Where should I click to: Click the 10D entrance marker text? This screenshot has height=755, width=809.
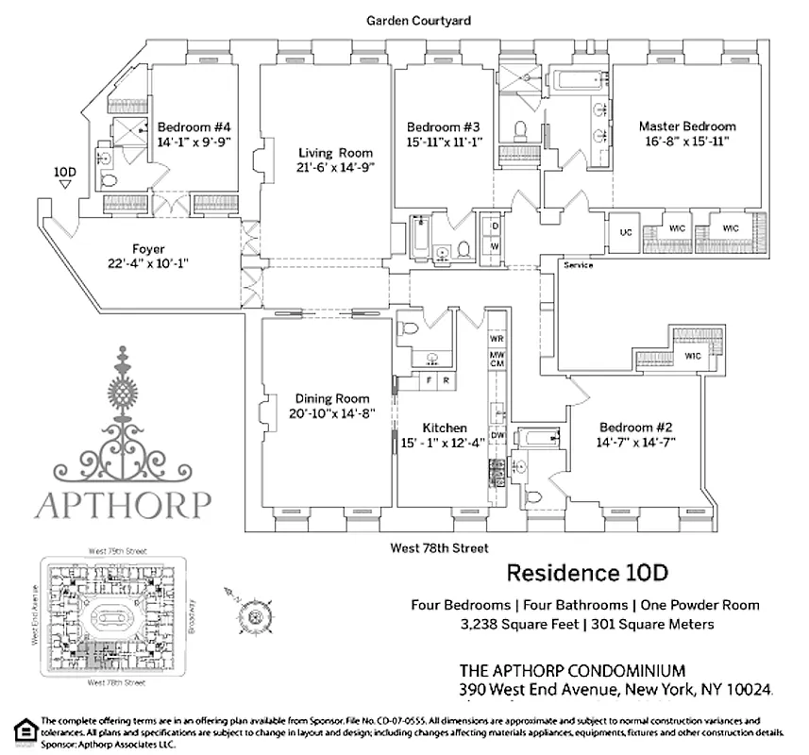(x=64, y=172)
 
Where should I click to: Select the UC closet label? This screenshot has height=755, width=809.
(x=625, y=230)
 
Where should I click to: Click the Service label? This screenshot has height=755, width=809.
(x=578, y=265)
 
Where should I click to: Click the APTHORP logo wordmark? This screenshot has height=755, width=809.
(x=123, y=503)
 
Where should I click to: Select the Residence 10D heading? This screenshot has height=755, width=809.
(x=588, y=573)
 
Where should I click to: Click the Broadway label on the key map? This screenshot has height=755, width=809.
(x=191, y=618)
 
